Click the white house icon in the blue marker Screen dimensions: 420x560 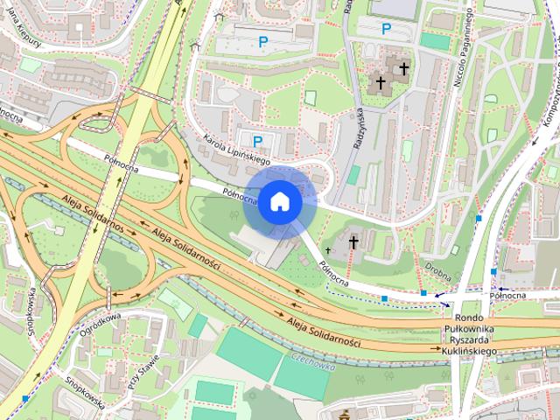click(x=278, y=201)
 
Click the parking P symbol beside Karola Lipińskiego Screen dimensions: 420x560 click(x=257, y=140)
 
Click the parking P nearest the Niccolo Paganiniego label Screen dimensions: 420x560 click(x=386, y=29)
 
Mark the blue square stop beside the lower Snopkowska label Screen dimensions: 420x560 click(x=25, y=398)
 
